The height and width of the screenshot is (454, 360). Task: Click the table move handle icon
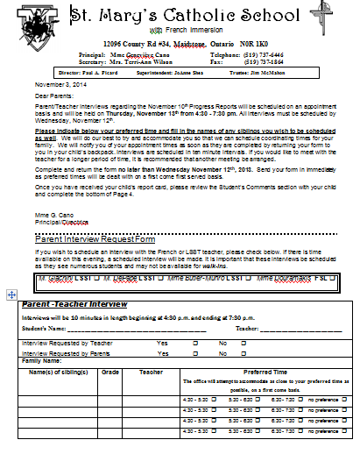coord(9,295)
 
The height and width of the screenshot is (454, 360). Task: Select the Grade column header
coord(110,372)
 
